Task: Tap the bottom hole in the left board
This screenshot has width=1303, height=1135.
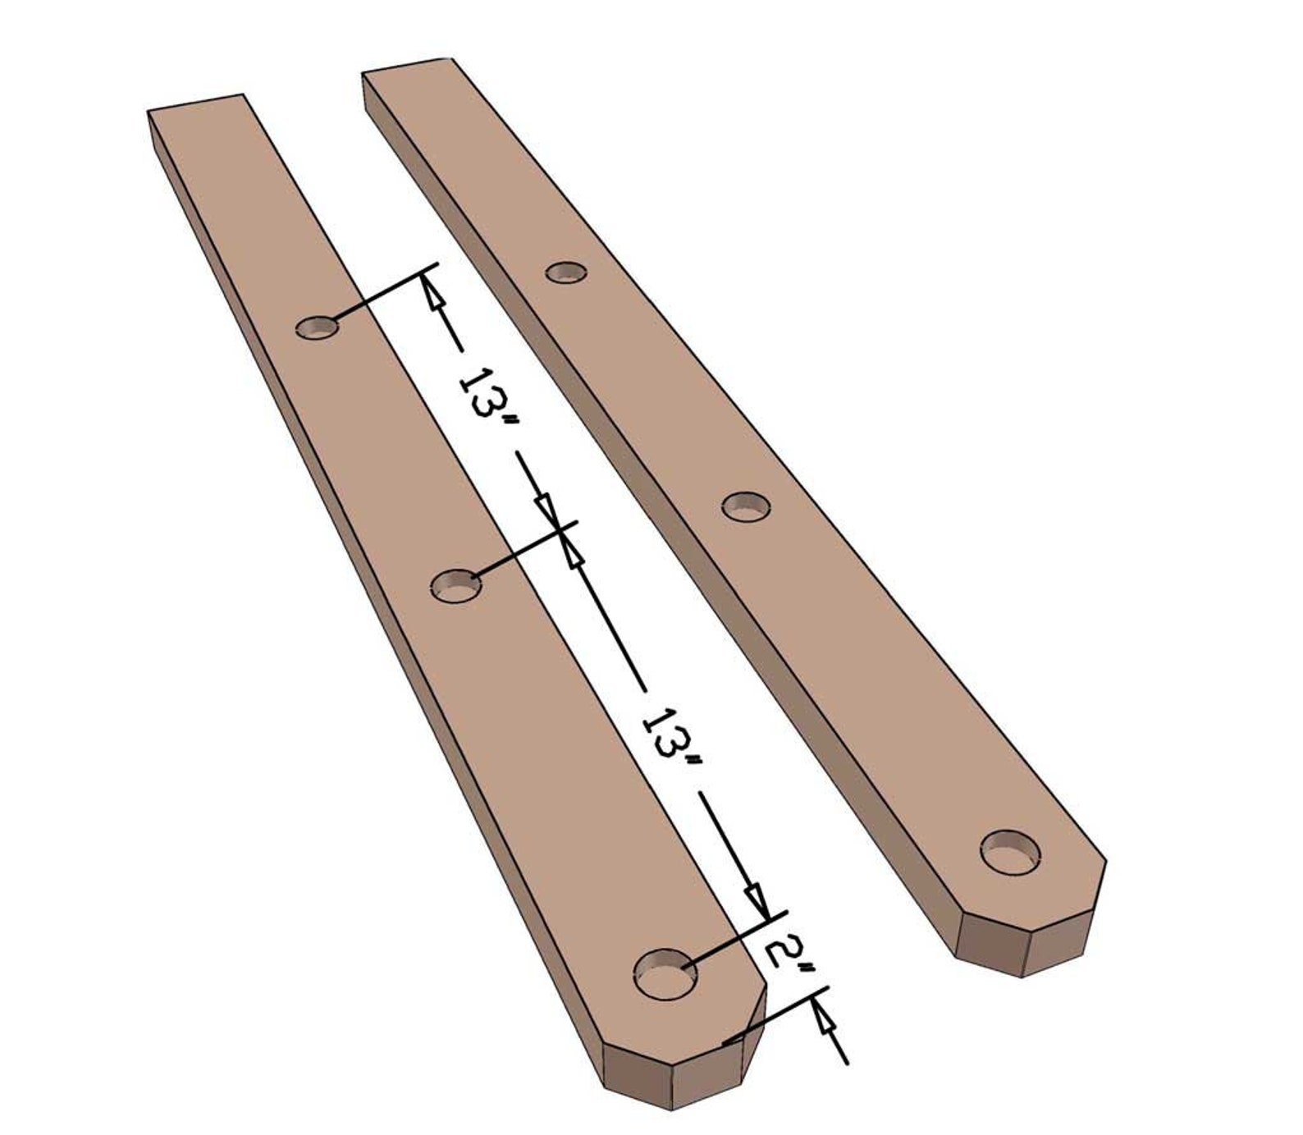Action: tap(665, 974)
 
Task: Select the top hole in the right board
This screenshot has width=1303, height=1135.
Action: tap(567, 272)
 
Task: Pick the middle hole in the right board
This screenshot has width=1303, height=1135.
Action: tap(747, 506)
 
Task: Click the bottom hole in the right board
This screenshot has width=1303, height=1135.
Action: tap(1011, 854)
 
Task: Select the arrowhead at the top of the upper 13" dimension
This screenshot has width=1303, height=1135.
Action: tap(432, 292)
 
